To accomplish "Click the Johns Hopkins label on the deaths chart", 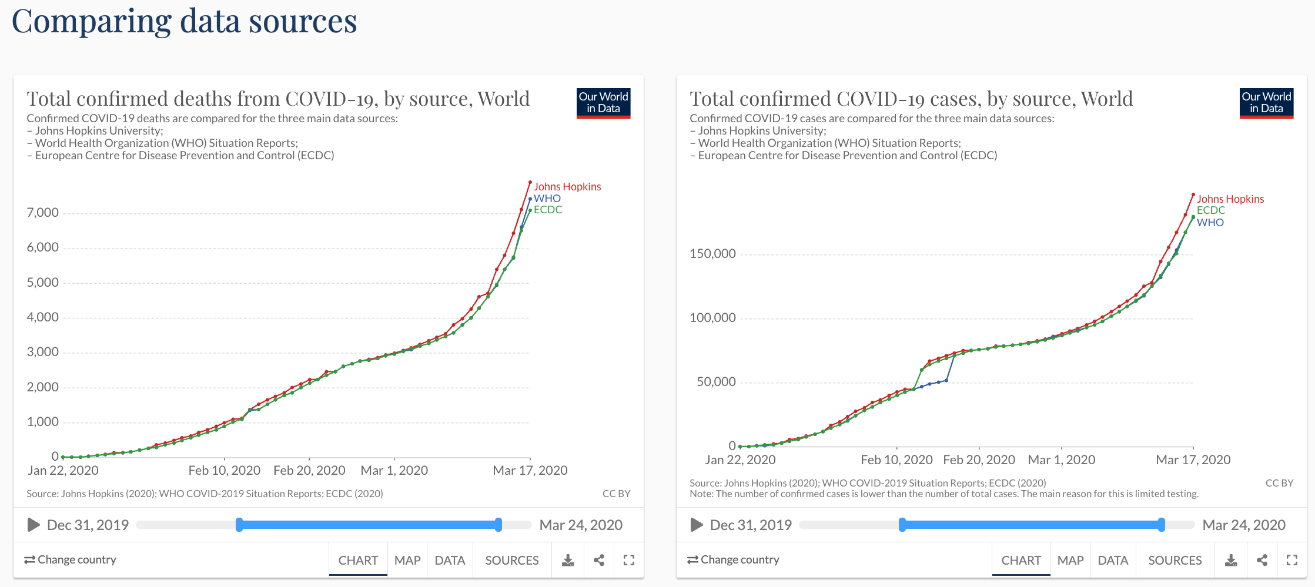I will click(567, 186).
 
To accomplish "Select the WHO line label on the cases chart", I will click(1210, 222).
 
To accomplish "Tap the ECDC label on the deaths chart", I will click(547, 210).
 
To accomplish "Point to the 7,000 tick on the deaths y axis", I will click(43, 213).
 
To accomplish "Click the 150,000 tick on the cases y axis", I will click(712, 254).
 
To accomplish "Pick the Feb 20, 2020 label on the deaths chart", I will click(309, 470).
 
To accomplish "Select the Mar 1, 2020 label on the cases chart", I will click(1061, 459).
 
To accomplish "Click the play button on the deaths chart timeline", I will click(34, 525).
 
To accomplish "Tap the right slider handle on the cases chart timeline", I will click(1161, 525).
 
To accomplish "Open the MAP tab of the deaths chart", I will click(407, 560).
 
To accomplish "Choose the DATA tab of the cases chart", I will click(1113, 560).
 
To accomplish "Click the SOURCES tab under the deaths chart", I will click(511, 560).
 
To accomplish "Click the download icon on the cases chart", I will click(1231, 560).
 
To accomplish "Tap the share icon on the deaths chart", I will click(599, 560).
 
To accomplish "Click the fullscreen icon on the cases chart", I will click(1291, 560).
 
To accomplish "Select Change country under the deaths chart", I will click(70, 559).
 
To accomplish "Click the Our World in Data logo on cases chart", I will click(1266, 103).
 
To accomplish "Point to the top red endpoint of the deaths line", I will click(530, 182).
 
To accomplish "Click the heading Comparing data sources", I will click(184, 22).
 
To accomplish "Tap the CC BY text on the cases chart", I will click(1279, 483).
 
